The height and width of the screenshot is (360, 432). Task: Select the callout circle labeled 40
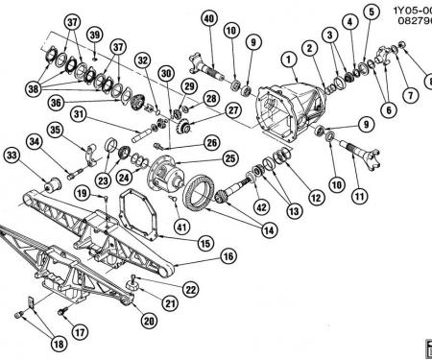(x=207, y=16)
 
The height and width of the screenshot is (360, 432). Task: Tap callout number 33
(x=12, y=154)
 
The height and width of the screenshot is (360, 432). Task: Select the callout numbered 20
(x=149, y=321)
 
